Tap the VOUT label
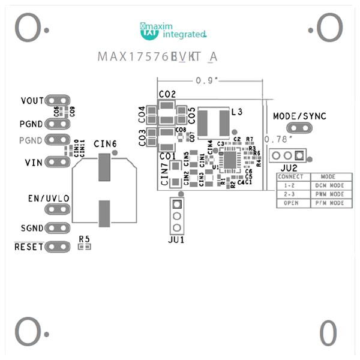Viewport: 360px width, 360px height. [x=31, y=100]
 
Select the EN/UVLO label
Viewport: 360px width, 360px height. [x=49, y=198]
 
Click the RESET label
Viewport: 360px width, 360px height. [x=29, y=247]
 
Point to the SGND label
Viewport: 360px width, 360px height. [x=32, y=228]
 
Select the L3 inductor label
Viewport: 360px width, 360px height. [x=236, y=112]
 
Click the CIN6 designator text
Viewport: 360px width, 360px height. [x=105, y=144]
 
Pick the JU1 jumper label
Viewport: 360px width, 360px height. [x=176, y=239]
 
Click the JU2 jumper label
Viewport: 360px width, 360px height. [x=289, y=167]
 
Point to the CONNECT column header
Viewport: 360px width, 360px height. [x=291, y=178]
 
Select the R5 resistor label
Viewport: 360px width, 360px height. [x=84, y=239]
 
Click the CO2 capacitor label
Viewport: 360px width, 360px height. [x=167, y=94]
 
